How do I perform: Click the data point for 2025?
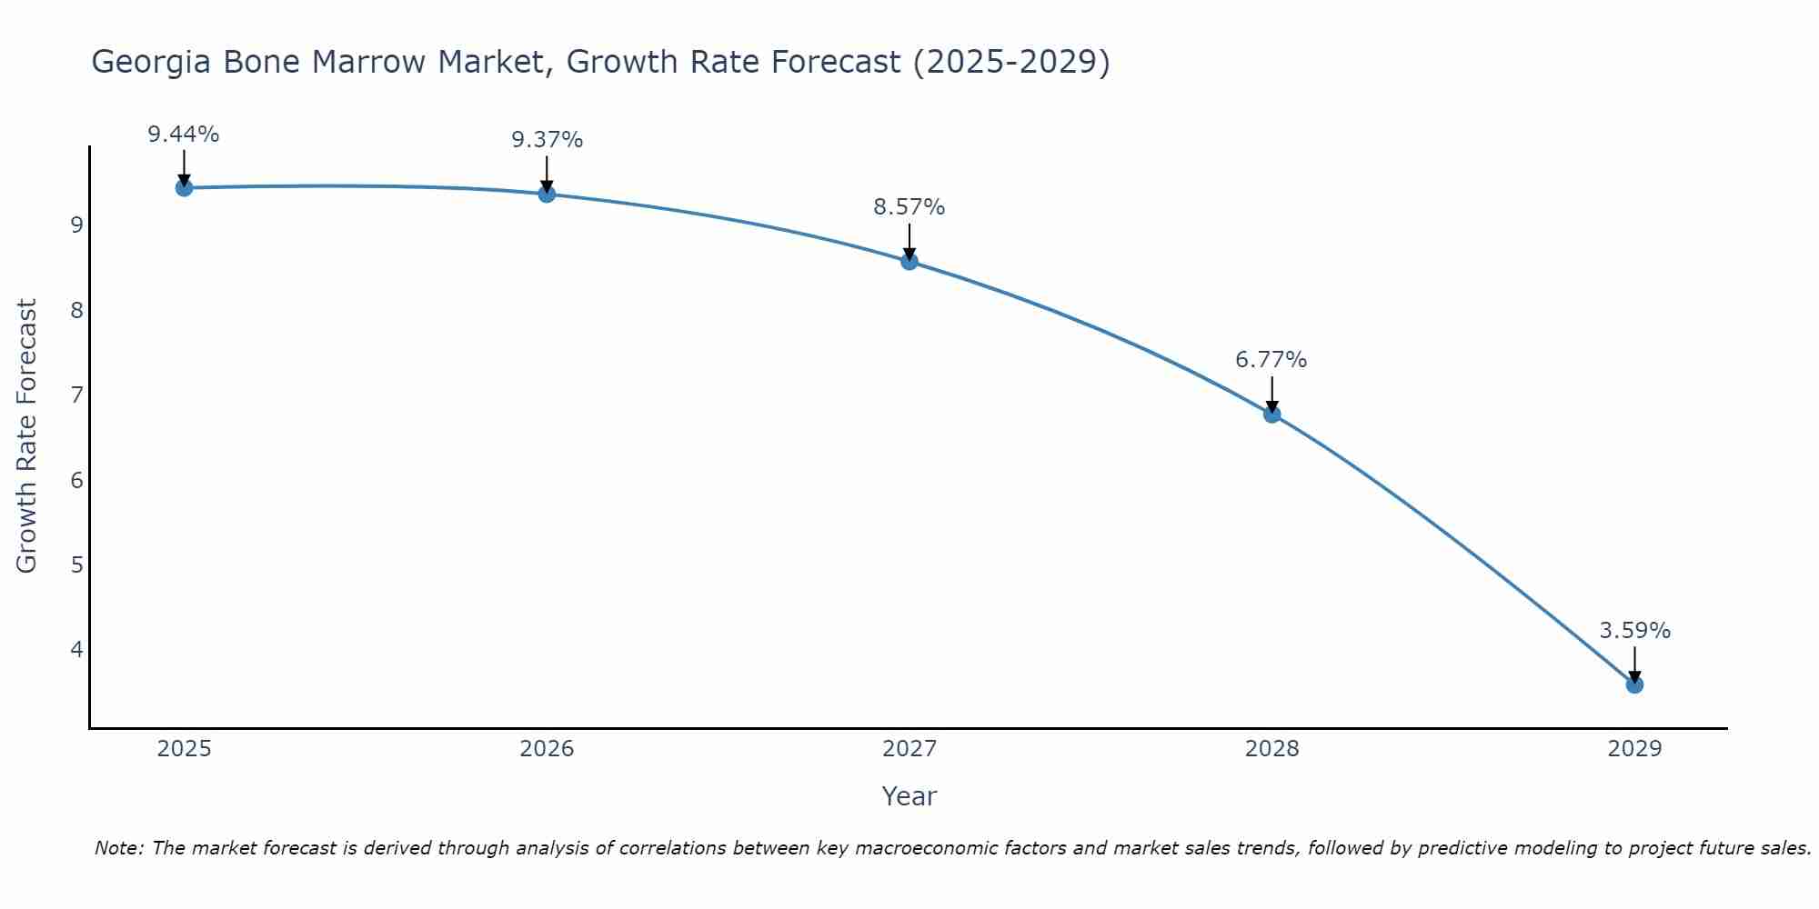tap(184, 188)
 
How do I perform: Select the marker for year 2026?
tap(547, 194)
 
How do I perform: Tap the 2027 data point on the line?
tap(909, 262)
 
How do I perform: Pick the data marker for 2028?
tap(1272, 415)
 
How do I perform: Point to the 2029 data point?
tap(1634, 684)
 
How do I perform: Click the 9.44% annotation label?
tap(184, 135)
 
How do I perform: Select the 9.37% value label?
tap(547, 140)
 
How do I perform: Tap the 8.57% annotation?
tap(909, 207)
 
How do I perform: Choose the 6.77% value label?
tap(1271, 360)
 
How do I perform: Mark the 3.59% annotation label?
tap(1634, 631)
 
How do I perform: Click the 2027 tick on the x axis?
tap(909, 749)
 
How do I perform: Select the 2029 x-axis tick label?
tap(1634, 749)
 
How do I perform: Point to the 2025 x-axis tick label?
tap(184, 749)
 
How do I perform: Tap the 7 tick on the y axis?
tap(76, 395)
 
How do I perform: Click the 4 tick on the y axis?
tap(76, 649)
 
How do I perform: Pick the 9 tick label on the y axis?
tap(76, 225)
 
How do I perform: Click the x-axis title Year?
tap(909, 796)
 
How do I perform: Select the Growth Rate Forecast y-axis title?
tap(27, 436)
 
